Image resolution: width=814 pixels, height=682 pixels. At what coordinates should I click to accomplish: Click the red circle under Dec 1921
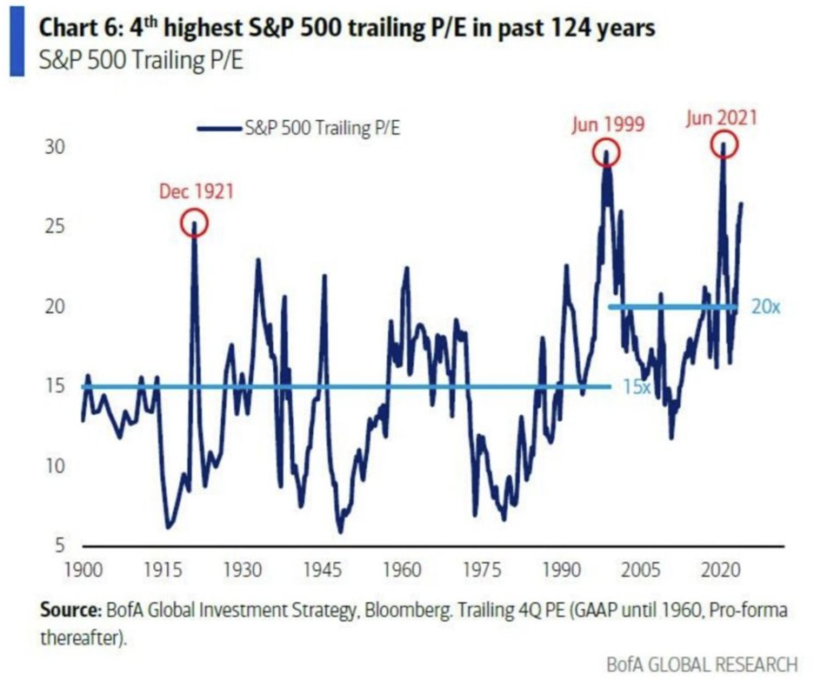194,224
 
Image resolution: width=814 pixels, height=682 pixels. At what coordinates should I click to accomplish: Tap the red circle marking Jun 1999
606,153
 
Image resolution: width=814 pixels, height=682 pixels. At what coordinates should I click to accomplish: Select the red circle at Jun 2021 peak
723,144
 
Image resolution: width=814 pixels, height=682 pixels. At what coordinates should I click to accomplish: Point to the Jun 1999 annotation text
608,124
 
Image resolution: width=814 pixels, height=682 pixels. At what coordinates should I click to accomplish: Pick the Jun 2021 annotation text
722,117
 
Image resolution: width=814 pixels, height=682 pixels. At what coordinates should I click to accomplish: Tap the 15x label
637,387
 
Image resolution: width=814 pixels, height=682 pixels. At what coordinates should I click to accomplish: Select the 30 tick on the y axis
55,147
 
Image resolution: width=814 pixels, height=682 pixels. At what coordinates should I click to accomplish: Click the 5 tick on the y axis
59,546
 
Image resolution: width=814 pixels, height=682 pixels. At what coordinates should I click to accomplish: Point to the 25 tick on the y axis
55,227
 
